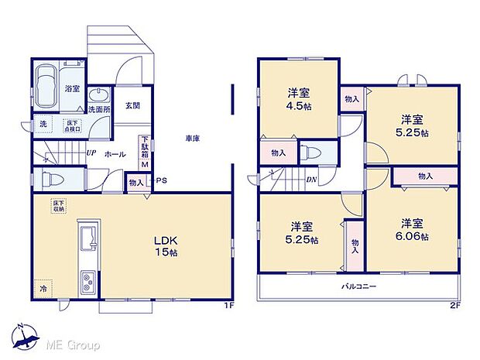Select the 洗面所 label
100,110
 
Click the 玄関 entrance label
132,107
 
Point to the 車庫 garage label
193,139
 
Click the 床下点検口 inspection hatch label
73,125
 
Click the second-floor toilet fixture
313,152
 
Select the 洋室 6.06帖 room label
412,230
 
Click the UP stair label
91,153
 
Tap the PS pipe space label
161,182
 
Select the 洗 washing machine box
43,124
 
